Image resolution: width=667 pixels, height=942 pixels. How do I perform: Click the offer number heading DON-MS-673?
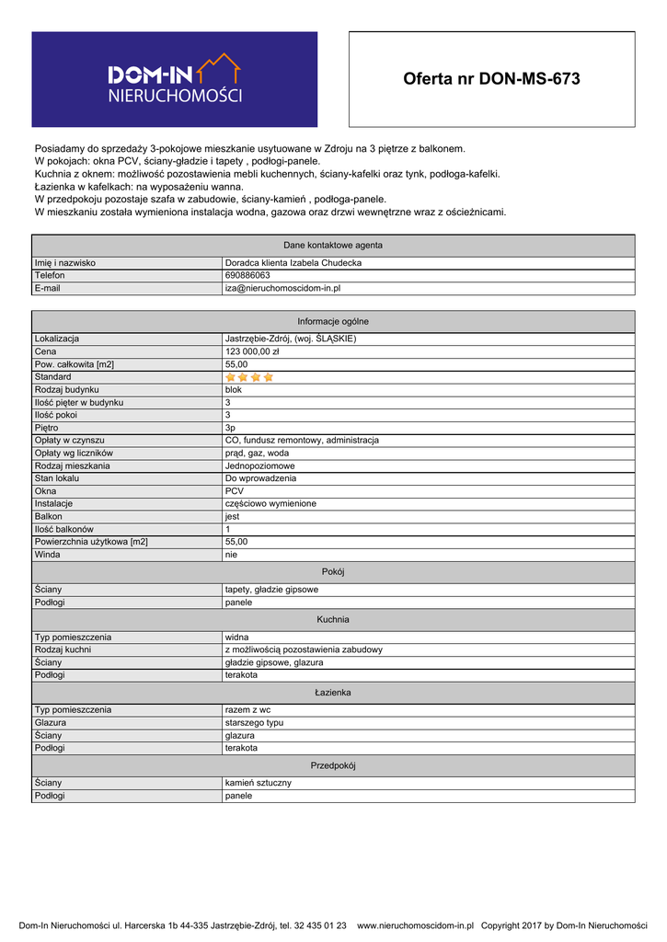point(491,79)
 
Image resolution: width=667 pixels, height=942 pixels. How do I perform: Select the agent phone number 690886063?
point(247,275)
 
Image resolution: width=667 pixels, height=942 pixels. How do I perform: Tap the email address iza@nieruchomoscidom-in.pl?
point(282,288)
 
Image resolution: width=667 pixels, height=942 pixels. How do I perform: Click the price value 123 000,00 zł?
point(252,351)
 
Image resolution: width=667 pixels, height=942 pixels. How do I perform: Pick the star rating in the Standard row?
point(249,377)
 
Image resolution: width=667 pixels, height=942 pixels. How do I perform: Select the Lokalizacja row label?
point(57,339)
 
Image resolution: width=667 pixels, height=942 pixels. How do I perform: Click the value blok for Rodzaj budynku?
point(234,390)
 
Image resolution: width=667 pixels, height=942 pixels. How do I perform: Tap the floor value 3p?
point(231,428)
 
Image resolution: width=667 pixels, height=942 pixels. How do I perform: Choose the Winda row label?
point(47,555)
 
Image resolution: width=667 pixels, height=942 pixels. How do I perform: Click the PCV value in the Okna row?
point(235,491)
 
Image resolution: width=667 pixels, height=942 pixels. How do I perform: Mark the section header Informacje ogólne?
point(333,321)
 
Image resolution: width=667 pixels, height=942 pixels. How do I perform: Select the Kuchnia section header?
point(333,619)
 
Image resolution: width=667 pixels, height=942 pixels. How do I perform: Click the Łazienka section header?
point(333,692)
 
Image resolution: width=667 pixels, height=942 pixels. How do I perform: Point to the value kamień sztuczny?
point(258,783)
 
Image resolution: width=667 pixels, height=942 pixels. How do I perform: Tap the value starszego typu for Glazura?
point(254,723)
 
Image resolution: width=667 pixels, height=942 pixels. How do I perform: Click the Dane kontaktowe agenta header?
point(333,246)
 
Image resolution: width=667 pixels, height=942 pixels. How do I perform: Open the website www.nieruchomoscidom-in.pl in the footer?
point(415,925)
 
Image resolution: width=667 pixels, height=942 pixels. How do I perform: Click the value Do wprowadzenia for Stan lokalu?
point(261,478)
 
